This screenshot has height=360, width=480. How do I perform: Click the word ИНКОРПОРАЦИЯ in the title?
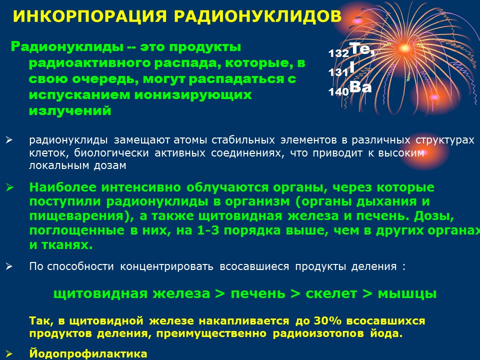click(x=90, y=16)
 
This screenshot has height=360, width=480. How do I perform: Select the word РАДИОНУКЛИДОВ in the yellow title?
click(x=258, y=16)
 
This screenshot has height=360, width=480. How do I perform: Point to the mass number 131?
click(x=338, y=72)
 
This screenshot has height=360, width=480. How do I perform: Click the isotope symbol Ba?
click(x=360, y=87)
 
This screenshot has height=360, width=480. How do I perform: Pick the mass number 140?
click(x=338, y=92)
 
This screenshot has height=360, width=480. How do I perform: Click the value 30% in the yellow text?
click(x=327, y=321)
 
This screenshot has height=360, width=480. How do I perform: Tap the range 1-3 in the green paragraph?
click(x=208, y=230)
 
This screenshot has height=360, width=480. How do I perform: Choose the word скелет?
click(x=331, y=293)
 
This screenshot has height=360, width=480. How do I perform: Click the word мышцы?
click(x=407, y=294)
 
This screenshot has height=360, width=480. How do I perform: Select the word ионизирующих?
click(x=193, y=95)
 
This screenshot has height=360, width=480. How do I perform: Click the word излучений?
click(x=70, y=110)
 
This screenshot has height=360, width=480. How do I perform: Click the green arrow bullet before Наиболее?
click(x=9, y=187)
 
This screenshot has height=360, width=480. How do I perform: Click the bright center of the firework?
click(x=404, y=48)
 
